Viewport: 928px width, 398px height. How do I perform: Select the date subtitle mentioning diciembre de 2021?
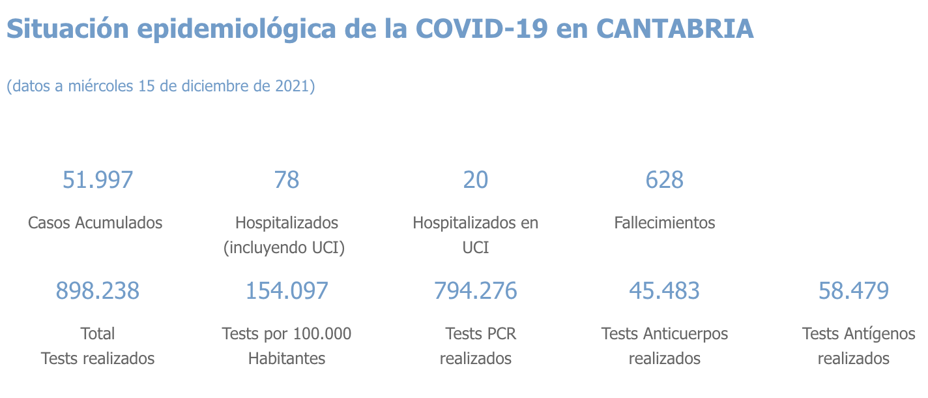tap(161, 86)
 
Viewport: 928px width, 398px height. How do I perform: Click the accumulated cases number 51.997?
tap(98, 179)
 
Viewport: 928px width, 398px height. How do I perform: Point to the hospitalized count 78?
tap(287, 179)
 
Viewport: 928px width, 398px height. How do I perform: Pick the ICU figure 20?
tap(475, 179)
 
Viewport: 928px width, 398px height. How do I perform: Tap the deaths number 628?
tap(664, 179)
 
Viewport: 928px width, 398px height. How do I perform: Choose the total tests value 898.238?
tap(98, 290)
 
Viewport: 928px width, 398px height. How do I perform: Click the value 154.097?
tap(287, 290)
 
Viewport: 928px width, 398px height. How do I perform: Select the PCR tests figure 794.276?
tap(475, 290)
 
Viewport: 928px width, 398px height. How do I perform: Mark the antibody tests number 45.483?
tap(664, 290)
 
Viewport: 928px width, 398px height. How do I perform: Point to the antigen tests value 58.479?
tap(853, 290)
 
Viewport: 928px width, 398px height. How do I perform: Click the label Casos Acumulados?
tap(95, 222)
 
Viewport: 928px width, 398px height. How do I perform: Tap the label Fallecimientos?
tap(664, 222)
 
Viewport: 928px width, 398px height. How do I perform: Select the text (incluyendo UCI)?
tap(284, 248)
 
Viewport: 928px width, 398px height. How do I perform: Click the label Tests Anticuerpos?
tap(664, 334)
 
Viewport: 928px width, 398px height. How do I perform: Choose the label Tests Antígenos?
tap(858, 334)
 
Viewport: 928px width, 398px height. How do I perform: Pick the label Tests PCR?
tap(480, 334)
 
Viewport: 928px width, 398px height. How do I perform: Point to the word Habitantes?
tap(287, 359)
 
